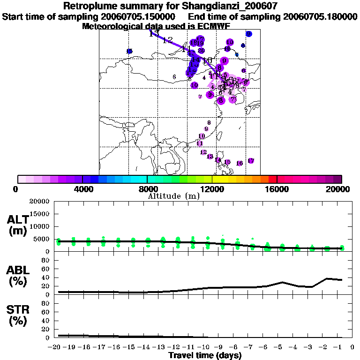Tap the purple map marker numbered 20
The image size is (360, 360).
coord(201,51)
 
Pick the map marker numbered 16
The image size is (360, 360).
coord(240,163)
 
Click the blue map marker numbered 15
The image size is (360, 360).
coord(129,51)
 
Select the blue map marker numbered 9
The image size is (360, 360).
coord(249,34)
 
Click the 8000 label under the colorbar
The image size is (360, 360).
coord(147,189)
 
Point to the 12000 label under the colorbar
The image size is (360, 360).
coord(212,189)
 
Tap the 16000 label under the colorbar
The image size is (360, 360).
coord(277,189)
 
